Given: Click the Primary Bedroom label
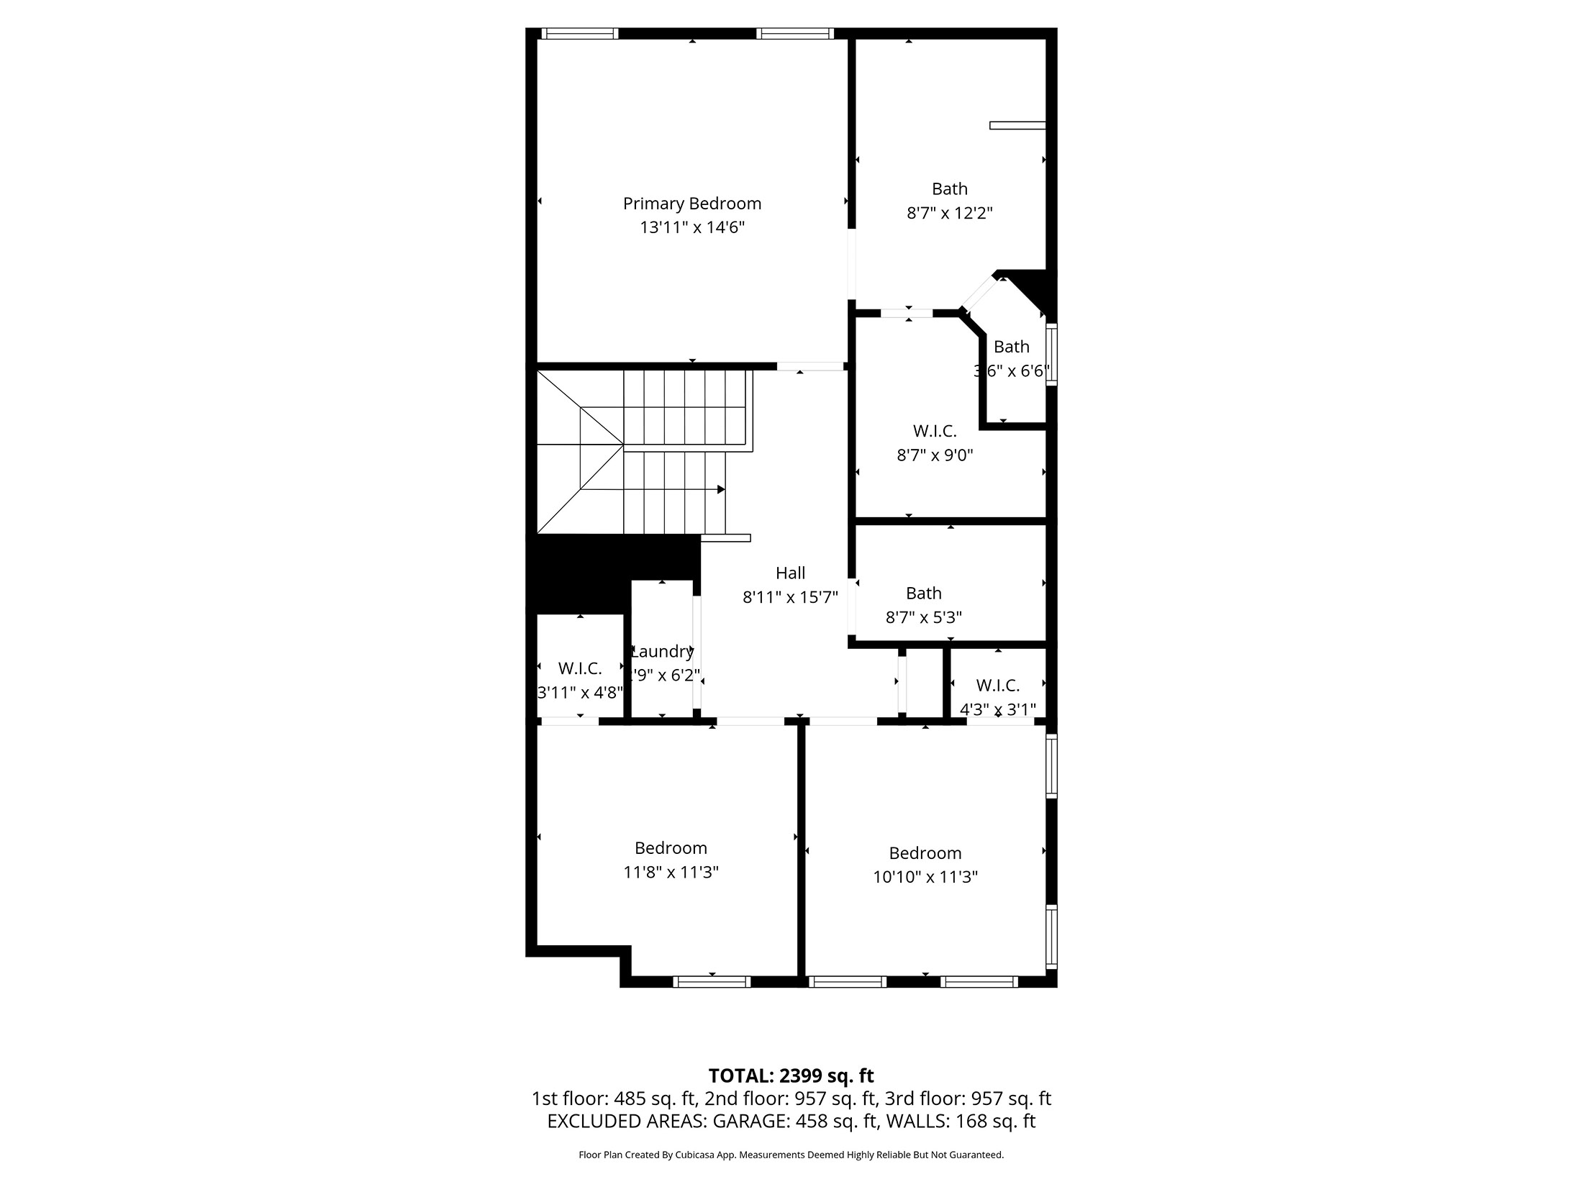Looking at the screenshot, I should pyautogui.click(x=691, y=204).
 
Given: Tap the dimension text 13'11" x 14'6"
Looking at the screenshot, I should pyautogui.click(x=691, y=228).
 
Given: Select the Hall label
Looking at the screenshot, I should pyautogui.click(x=790, y=573).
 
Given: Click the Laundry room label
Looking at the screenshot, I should pyautogui.click(x=662, y=651).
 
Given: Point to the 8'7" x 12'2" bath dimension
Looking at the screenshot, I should pyautogui.click(x=949, y=213).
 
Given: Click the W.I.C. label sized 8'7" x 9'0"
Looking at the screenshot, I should pyautogui.click(x=935, y=431).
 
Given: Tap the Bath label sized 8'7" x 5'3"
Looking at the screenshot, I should pyautogui.click(x=923, y=593).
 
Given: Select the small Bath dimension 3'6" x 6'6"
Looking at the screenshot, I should pyautogui.click(x=1012, y=371).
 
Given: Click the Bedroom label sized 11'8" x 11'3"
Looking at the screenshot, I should pyautogui.click(x=671, y=847).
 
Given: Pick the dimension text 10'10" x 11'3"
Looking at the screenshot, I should pyautogui.click(x=925, y=877).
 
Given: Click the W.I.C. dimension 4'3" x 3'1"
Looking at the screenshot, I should pyautogui.click(x=998, y=709).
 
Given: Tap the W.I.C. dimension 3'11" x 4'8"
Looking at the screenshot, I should pyautogui.click(x=580, y=693).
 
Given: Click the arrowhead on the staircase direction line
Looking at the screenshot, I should pyautogui.click(x=721, y=489).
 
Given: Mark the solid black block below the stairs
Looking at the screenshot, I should pyautogui.click(x=590, y=568).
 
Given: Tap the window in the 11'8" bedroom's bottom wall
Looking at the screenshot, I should pyautogui.click(x=712, y=981).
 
